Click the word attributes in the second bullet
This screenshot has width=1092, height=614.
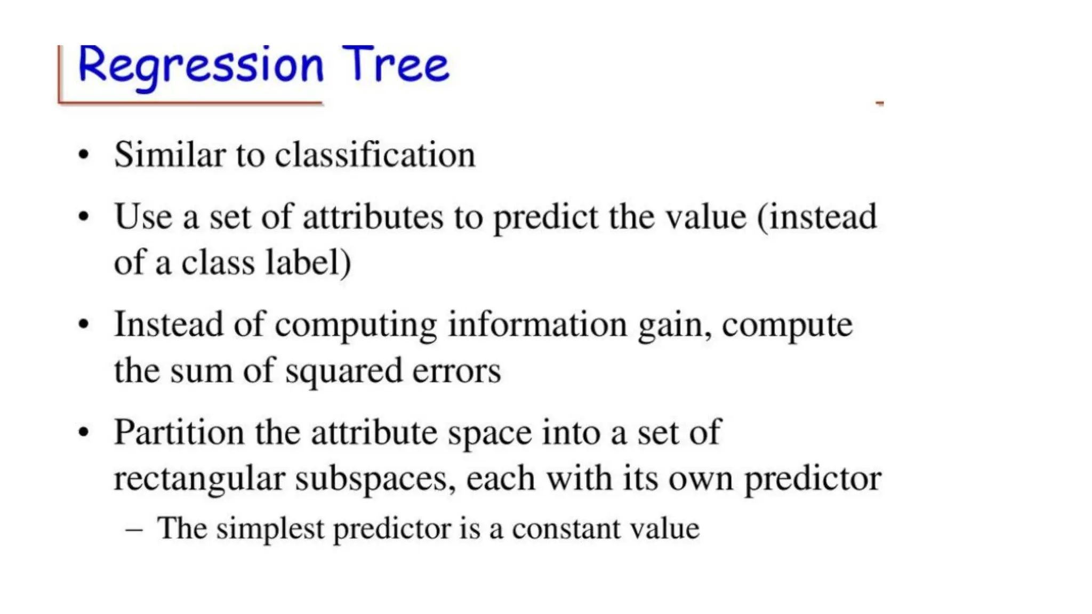click(373, 217)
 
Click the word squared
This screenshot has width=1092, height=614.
click(343, 371)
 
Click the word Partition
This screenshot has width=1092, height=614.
click(179, 432)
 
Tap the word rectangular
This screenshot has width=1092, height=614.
click(199, 479)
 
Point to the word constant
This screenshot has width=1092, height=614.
click(566, 529)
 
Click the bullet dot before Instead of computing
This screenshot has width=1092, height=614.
click(83, 325)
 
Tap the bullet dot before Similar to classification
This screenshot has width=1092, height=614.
click(83, 155)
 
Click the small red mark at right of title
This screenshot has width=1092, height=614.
click(879, 103)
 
